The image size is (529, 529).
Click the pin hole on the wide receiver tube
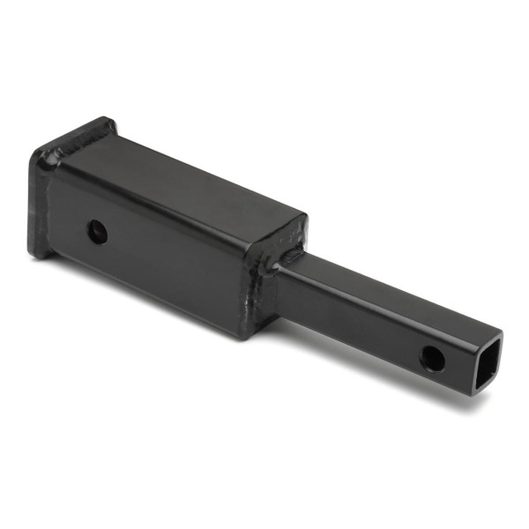click(97, 233)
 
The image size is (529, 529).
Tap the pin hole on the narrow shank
click(432, 357)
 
